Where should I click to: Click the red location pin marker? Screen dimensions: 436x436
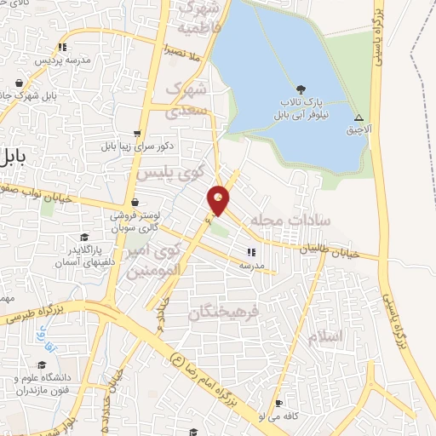pyautogui.click(x=220, y=200)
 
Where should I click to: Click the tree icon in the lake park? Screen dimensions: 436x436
pyautogui.click(x=300, y=88)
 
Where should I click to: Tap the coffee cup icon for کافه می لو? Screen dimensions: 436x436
pyautogui.click(x=278, y=404)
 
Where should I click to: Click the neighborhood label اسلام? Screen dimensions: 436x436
pyautogui.click(x=324, y=336)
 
